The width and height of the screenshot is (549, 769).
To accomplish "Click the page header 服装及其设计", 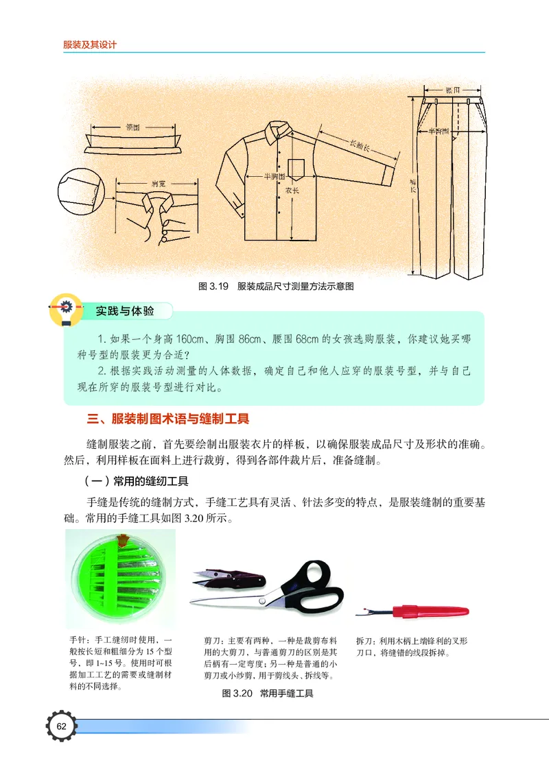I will tap(90, 45).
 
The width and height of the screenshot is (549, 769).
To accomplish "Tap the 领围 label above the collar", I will tap(133, 127).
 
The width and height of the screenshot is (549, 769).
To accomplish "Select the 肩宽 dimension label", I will tap(157, 184).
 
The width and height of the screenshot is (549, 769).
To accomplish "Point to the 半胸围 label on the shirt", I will tap(275, 176).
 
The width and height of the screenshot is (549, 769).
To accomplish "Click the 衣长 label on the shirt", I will tap(292, 190).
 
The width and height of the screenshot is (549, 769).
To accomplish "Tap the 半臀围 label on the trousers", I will tap(439, 130).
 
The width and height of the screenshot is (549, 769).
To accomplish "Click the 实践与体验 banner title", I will tap(125, 311).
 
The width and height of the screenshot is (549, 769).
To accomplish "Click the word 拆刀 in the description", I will tap(364, 641).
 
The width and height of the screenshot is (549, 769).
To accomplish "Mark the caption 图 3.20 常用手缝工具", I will tap(268, 694).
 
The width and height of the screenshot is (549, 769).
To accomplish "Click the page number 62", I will tap(62, 726).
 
